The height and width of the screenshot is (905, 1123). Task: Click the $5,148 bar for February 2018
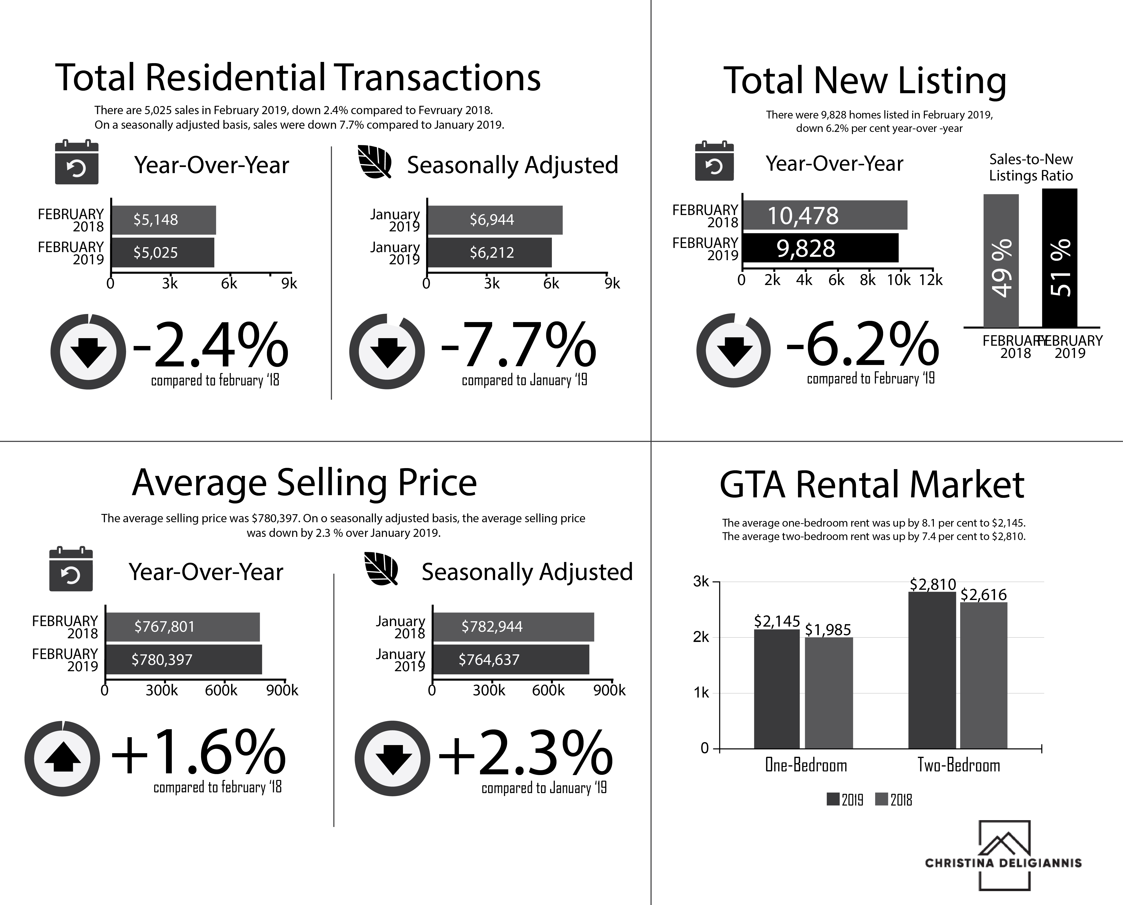[164, 220]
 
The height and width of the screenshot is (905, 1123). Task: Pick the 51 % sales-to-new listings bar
[1059, 258]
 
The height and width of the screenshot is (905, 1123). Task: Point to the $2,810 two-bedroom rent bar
[932, 670]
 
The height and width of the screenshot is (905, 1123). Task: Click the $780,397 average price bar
[184, 659]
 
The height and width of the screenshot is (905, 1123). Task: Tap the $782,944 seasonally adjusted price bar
[513, 627]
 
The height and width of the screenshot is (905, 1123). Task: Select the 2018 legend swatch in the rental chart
[881, 799]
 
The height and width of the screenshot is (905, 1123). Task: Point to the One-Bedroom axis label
[806, 765]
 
